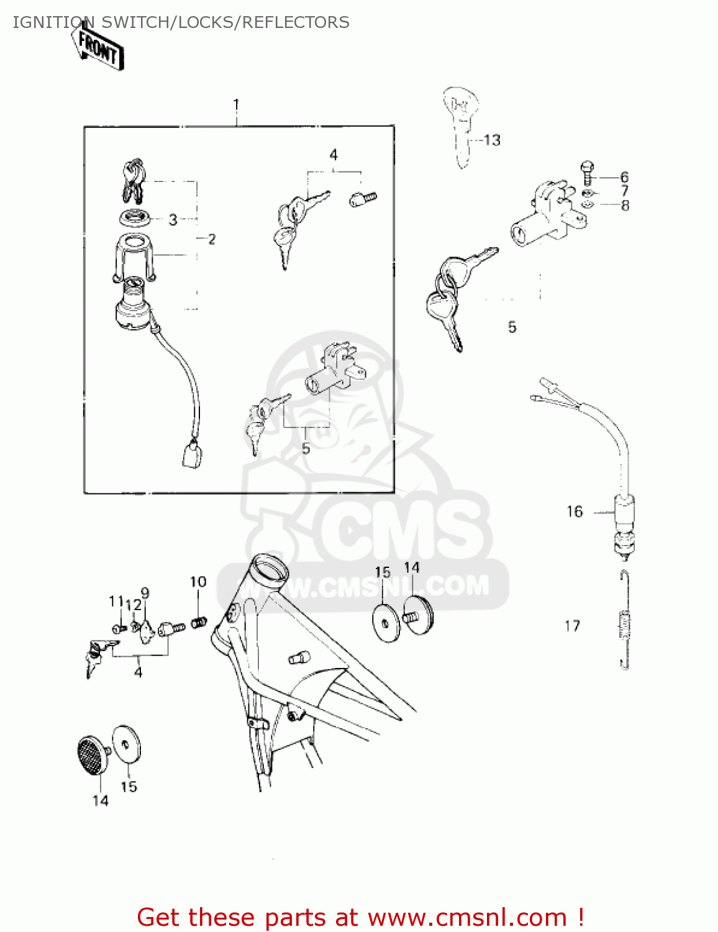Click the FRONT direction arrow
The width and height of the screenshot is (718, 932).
98,47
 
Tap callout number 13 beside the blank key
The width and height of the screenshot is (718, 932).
492,140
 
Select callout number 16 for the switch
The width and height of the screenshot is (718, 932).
575,511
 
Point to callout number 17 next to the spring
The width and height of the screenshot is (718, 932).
572,626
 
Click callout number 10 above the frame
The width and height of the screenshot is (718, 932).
198,582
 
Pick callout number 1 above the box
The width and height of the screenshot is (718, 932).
236,104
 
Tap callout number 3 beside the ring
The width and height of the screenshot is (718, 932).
173,219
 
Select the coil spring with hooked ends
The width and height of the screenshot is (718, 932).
625,619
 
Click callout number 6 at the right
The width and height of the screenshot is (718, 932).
624,176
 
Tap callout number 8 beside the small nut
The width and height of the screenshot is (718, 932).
625,206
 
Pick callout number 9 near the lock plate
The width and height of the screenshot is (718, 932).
145,593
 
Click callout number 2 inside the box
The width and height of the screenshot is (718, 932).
211,239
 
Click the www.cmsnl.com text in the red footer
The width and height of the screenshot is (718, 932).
468,917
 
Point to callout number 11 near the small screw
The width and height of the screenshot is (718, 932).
116,601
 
